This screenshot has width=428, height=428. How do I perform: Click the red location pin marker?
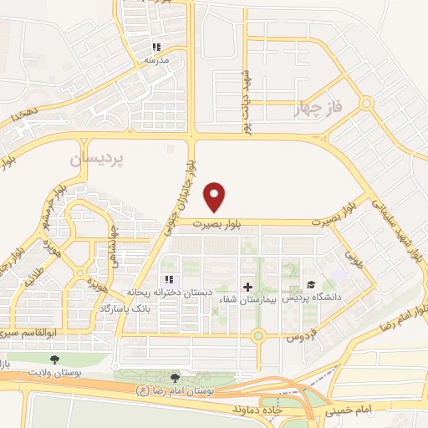tap(216, 196)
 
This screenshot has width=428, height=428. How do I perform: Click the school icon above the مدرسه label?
tap(155, 47)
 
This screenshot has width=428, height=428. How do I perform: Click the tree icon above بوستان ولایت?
tap(54, 360)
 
